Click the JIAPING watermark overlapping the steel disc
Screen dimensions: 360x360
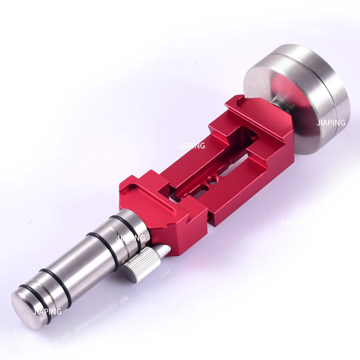pyautogui.click(x=331, y=122)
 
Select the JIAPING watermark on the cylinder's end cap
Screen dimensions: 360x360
pyautogui.click(x=47, y=311)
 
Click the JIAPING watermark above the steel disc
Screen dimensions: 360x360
pyautogui.click(x=312, y=32)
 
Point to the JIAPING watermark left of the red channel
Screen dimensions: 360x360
pyautogui.click(x=191, y=146)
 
